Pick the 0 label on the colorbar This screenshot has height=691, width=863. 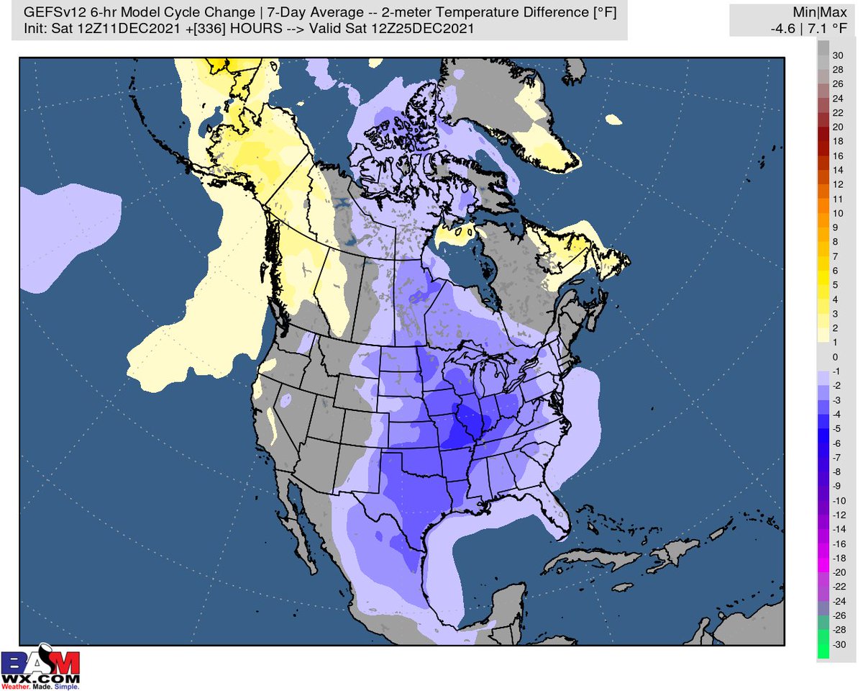[835, 357]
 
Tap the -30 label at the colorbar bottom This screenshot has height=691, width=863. [838, 644]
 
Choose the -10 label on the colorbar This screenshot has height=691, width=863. [838, 500]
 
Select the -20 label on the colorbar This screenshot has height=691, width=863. [838, 572]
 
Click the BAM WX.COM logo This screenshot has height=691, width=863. [40, 667]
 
